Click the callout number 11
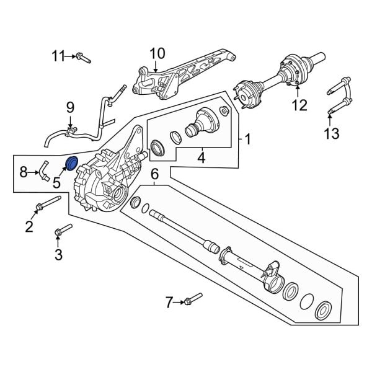click(58, 57)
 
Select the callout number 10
click(157, 53)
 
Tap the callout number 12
click(299, 105)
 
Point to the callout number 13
click(332, 133)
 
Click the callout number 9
click(70, 109)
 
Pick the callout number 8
click(24, 172)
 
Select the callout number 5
click(56, 182)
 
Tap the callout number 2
click(29, 226)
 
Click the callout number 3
click(58, 254)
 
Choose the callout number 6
click(155, 174)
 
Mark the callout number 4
click(200, 159)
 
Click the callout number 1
click(247, 139)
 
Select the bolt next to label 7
click(193, 299)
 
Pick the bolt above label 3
click(63, 231)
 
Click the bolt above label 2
click(48, 203)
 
